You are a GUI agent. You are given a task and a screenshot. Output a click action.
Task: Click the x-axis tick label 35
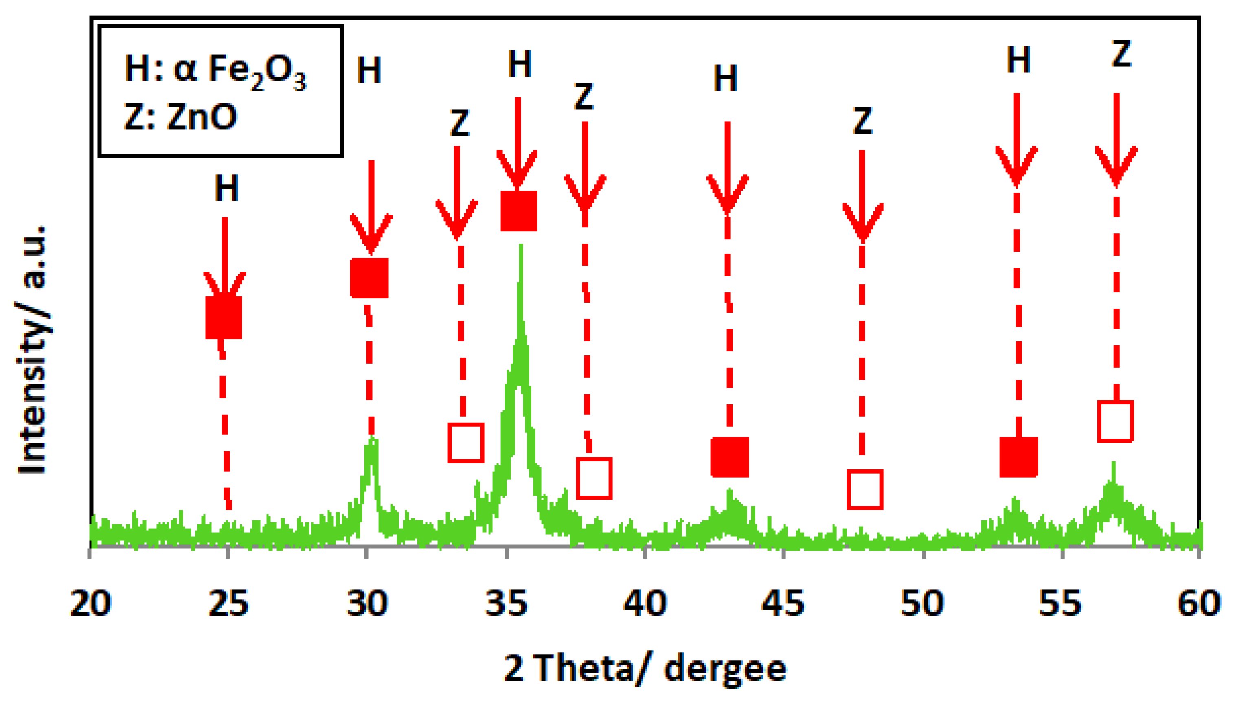506,603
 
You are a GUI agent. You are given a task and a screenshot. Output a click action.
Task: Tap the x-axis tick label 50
922,603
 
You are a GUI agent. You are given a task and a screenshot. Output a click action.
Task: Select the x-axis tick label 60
1198,603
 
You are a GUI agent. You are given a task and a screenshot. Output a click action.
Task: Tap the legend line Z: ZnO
180,117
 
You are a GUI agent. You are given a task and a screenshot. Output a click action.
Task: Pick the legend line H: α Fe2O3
215,70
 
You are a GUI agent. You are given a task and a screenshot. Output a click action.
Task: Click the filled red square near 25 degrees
224,317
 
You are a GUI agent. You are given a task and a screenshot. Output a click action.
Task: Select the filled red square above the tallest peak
519,211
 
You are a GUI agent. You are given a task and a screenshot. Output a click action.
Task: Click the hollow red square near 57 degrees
1115,421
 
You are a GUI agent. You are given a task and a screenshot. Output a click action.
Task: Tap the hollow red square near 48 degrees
865,489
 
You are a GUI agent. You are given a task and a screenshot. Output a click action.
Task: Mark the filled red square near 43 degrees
730,456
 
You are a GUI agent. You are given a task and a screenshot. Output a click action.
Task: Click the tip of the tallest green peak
521,246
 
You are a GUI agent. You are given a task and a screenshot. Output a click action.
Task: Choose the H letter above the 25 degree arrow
226,188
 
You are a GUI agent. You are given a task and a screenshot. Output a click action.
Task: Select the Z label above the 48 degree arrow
863,121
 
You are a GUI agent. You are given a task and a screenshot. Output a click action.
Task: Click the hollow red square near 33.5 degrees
466,443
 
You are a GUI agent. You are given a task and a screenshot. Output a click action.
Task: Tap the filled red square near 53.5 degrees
1018,456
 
